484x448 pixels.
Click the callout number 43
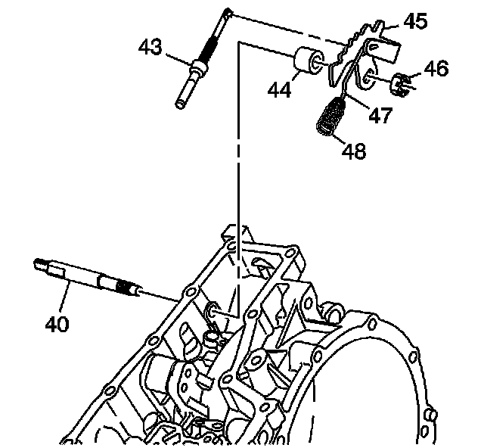150,47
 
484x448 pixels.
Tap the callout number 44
279,90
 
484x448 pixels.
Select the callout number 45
416,21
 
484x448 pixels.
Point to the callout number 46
436,69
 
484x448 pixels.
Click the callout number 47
381,115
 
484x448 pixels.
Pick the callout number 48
354,151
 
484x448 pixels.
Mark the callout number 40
57,324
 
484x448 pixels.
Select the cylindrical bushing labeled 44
309,61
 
